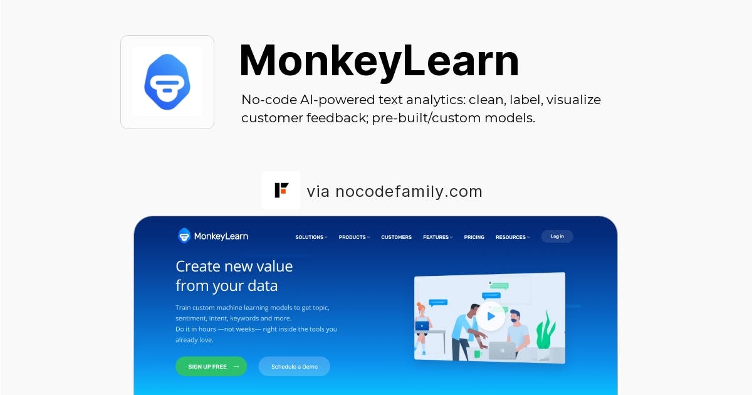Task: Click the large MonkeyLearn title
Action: click(x=379, y=61)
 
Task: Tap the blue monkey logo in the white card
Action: click(x=167, y=82)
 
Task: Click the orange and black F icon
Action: click(x=281, y=191)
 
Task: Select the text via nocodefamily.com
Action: click(x=394, y=191)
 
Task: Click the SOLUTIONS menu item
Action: click(x=311, y=237)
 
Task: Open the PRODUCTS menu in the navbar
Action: click(x=354, y=237)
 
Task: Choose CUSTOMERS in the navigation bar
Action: click(x=396, y=237)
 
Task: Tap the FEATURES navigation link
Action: click(x=437, y=237)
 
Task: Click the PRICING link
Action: click(x=474, y=237)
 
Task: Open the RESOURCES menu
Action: click(x=512, y=237)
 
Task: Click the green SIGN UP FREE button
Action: click(x=211, y=366)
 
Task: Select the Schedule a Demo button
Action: click(x=294, y=366)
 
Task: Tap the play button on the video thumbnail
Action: click(x=491, y=317)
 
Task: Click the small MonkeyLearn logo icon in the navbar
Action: click(x=184, y=236)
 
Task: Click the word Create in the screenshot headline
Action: click(x=197, y=266)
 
